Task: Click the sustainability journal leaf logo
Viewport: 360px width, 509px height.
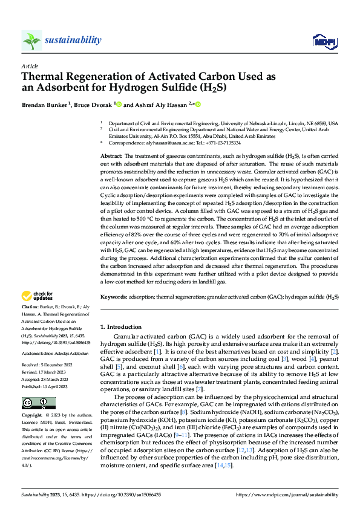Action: (31, 41)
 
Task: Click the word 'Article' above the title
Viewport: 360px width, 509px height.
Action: (29, 66)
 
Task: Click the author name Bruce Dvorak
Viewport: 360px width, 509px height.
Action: (92, 105)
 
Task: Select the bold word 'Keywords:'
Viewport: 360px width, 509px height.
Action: (114, 297)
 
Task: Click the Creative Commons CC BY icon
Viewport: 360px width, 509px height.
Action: (39, 403)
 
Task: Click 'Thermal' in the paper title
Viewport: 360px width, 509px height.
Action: (44, 77)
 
